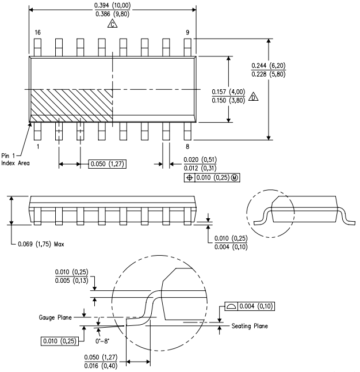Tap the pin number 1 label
coord(38,146)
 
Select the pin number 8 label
coord(187,146)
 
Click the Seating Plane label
coord(250,326)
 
